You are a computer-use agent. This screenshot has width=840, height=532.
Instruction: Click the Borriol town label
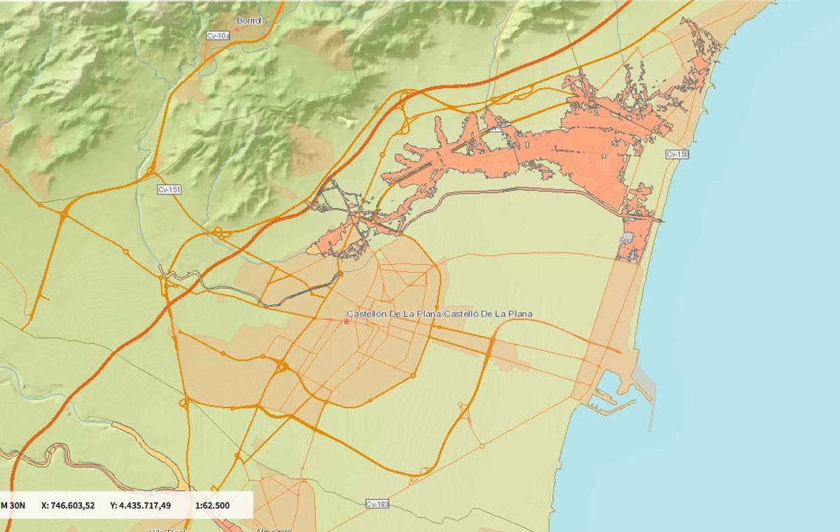point(248,21)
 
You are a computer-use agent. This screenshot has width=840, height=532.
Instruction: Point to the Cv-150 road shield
point(677,154)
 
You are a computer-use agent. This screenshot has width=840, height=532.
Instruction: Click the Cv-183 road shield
point(377,504)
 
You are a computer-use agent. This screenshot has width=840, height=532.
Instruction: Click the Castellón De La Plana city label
point(440,314)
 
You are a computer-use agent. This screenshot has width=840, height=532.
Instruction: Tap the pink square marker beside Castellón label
point(347,322)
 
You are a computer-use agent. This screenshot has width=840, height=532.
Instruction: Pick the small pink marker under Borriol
point(237,29)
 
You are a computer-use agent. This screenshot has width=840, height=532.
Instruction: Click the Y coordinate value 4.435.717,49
point(140,505)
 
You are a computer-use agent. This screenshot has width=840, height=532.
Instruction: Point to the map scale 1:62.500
point(212,505)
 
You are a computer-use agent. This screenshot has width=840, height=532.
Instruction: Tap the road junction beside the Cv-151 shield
point(152,171)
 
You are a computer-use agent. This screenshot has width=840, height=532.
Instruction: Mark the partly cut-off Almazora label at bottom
point(273,529)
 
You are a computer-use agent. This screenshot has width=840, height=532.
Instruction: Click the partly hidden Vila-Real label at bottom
point(166,529)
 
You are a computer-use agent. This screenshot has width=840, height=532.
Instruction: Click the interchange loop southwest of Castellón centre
point(282,366)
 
